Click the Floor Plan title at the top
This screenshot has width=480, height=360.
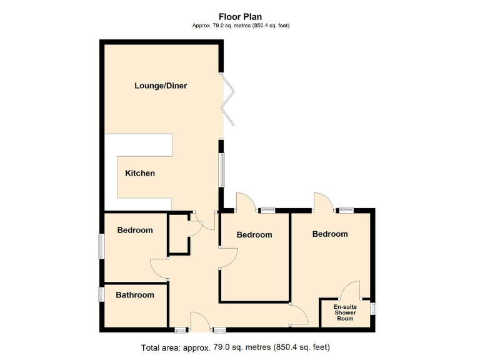pyautogui.click(x=240, y=17)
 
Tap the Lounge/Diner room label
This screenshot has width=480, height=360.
pyautogui.click(x=161, y=86)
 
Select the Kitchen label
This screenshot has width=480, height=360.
pyautogui.click(x=140, y=173)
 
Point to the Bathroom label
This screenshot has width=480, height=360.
pyautogui.click(x=134, y=295)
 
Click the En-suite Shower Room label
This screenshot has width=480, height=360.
pyautogui.click(x=345, y=312)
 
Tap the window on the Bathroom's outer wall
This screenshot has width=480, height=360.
pyautogui.click(x=101, y=294)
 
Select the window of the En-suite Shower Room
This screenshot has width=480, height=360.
pyautogui.click(x=373, y=308)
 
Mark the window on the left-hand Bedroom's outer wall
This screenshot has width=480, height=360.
pyautogui.click(x=101, y=246)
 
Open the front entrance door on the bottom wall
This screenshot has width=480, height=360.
pyautogui.click(x=200, y=321)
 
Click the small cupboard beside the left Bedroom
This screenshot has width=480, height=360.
pyautogui.click(x=179, y=234)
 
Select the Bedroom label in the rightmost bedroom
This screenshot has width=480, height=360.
pyautogui.click(x=330, y=234)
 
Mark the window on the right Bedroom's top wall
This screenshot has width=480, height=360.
pyautogui.click(x=346, y=210)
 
